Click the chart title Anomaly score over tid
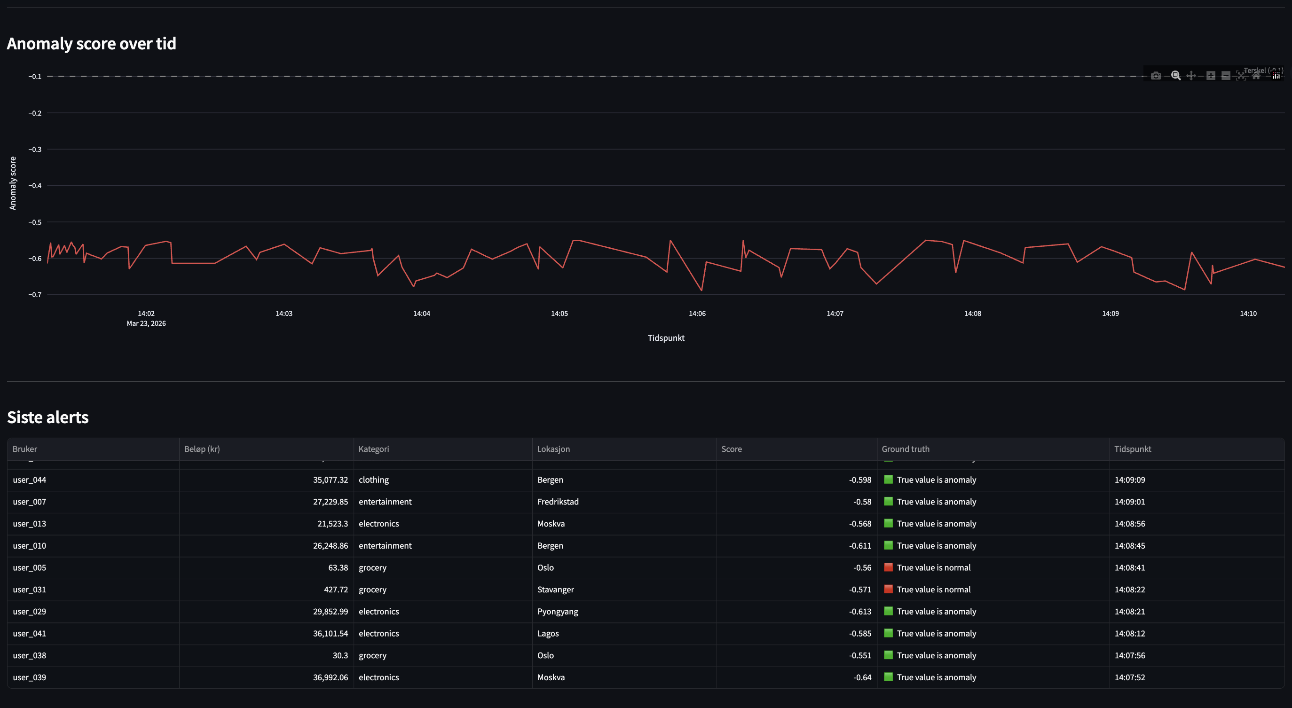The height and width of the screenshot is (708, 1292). (91, 44)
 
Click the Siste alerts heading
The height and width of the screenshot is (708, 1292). (47, 417)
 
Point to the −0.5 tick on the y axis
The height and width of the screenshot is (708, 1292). (35, 222)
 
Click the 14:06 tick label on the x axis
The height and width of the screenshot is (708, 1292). (697, 314)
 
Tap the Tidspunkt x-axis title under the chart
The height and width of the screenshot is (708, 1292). (666, 338)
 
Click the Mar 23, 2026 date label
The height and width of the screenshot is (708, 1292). (146, 323)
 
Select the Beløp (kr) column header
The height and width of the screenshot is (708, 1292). (202, 449)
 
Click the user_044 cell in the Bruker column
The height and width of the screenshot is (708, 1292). (29, 480)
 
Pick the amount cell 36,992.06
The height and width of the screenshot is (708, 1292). (330, 677)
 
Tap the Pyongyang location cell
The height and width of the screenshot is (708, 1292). (557, 612)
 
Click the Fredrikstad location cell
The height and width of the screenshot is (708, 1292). (558, 502)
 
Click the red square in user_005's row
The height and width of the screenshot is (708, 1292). (888, 567)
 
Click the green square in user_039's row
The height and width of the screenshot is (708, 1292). (888, 677)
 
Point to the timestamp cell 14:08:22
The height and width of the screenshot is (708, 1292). (1129, 590)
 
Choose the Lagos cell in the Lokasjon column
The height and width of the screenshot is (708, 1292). (548, 634)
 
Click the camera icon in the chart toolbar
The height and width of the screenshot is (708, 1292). (1156, 76)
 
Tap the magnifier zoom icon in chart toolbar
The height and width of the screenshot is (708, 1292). (1175, 76)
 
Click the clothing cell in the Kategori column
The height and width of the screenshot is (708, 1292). (373, 480)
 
